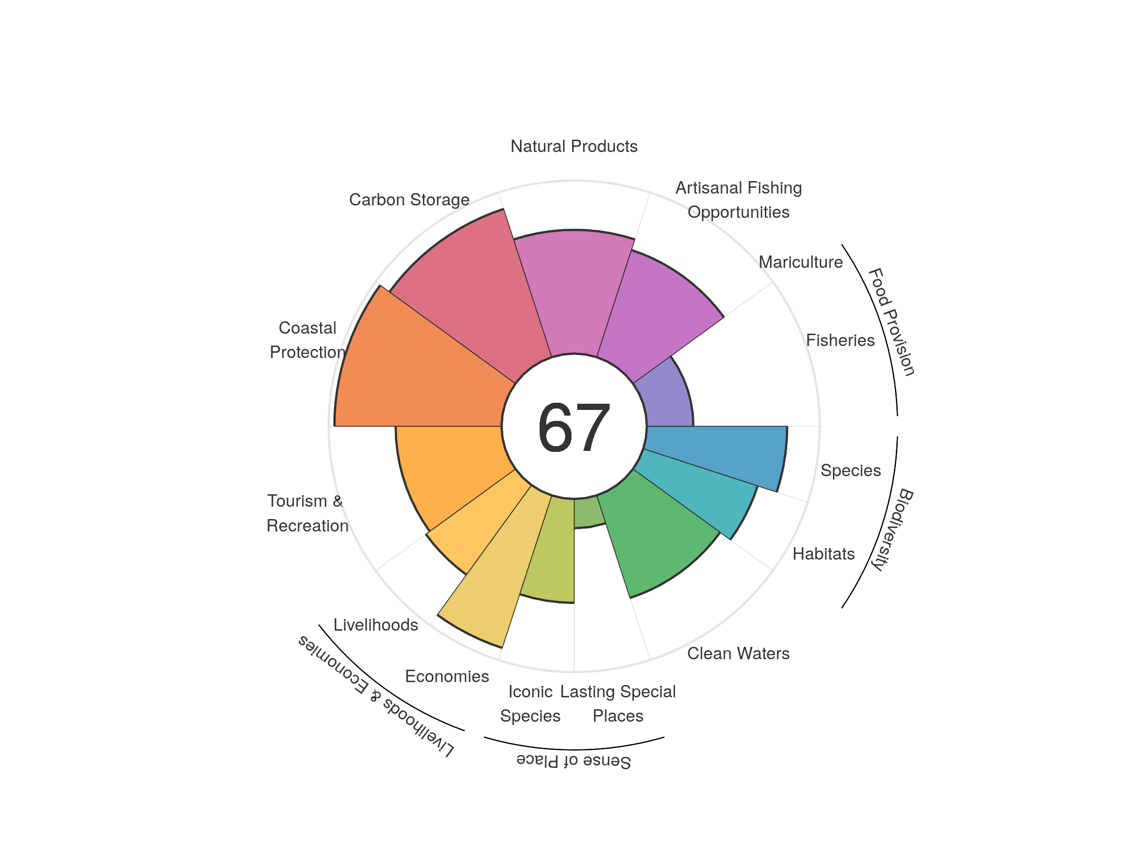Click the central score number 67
[573, 427]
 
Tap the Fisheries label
[840, 340]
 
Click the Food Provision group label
[892, 322]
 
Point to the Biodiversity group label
[892, 529]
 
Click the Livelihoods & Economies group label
[376, 696]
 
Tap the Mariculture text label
[801, 262]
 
